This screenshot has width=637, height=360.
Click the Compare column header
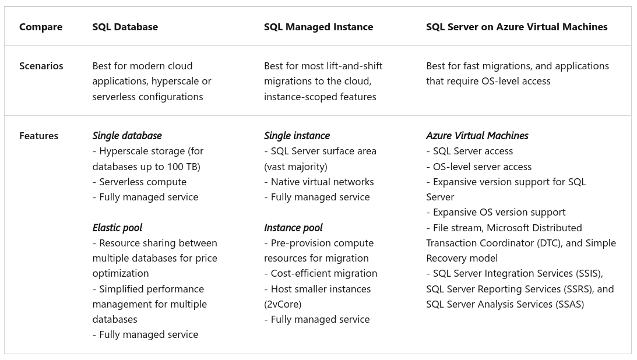pos(41,27)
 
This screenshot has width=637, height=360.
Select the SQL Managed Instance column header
pos(318,27)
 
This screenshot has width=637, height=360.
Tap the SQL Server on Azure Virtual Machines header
pos(517,27)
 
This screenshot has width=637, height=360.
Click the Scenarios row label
pos(41,66)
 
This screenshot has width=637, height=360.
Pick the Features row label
pos(38,136)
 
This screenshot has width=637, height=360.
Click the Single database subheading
pos(126,136)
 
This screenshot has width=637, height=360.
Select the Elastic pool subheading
pos(117,228)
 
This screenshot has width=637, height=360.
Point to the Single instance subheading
pos(297,136)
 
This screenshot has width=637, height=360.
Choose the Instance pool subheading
pos(293,228)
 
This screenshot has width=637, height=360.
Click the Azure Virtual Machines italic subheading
pos(477,136)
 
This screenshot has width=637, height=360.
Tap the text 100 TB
pos(182,167)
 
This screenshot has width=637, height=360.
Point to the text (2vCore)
pos(283,304)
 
